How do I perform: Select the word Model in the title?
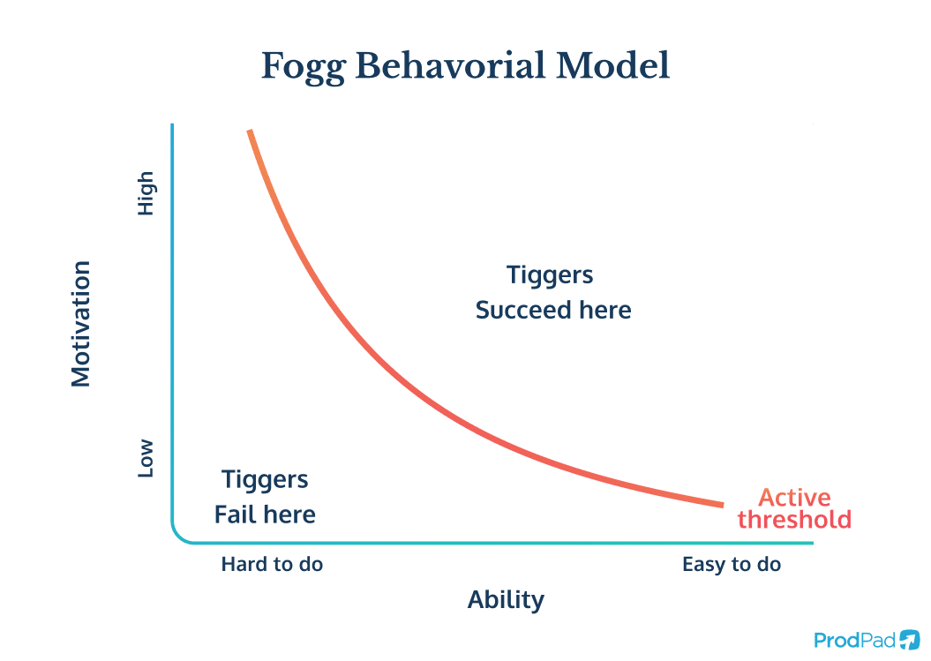pyautogui.click(x=612, y=67)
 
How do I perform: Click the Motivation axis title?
pyautogui.click(x=81, y=323)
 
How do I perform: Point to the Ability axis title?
pyautogui.click(x=506, y=600)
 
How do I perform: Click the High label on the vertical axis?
pyautogui.click(x=146, y=193)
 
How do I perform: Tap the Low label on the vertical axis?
pyautogui.click(x=146, y=459)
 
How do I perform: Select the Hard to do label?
pyautogui.click(x=272, y=564)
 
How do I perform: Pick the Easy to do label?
pyautogui.click(x=732, y=564)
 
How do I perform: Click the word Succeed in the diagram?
pyautogui.click(x=519, y=311)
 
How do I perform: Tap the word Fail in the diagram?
pyautogui.click(x=235, y=515)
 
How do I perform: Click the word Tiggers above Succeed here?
pyautogui.click(x=550, y=274)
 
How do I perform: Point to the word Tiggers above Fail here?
pyautogui.click(x=265, y=479)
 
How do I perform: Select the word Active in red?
pyautogui.click(x=794, y=497)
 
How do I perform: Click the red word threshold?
pyautogui.click(x=794, y=519)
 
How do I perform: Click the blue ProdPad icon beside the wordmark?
pyautogui.click(x=910, y=640)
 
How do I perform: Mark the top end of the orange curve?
pyautogui.click(x=250, y=131)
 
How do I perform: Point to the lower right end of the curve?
pyautogui.click(x=721, y=504)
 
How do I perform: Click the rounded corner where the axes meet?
pyautogui.click(x=179, y=536)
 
